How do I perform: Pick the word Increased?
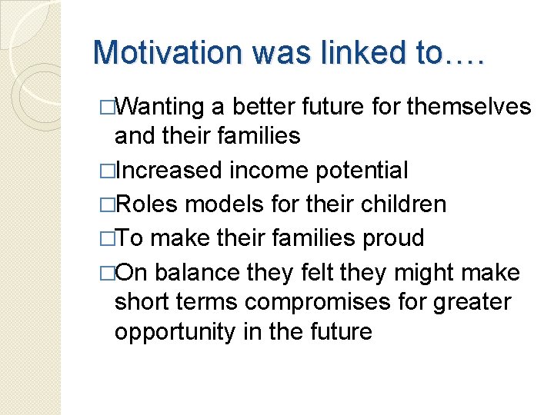pos(161,171)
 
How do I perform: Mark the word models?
pos(219,204)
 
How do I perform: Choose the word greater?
pos(473,302)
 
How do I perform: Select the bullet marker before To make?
pos(108,238)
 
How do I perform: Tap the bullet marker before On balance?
pos(108,272)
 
